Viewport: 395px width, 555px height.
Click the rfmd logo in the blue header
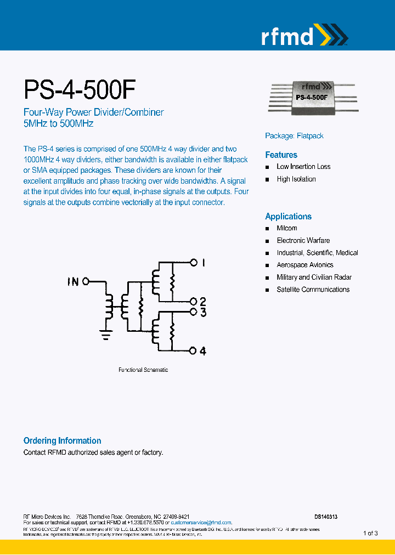pyautogui.click(x=304, y=36)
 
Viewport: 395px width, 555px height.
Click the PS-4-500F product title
pyautogui.click(x=80, y=89)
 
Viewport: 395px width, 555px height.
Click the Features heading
pyautogui.click(x=281, y=155)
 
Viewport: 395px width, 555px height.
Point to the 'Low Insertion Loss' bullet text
pyautogui.click(x=303, y=167)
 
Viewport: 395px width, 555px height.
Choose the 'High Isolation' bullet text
pyautogui.click(x=296, y=179)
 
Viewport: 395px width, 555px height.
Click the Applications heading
pyautogui.click(x=288, y=217)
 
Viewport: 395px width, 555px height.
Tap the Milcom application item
pyautogui.click(x=287, y=228)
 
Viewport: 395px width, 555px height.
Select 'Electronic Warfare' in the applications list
pyautogui.click(x=303, y=241)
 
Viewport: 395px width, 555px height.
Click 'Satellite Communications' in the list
pyautogui.click(x=313, y=290)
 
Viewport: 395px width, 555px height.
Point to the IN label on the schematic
pyautogui.click(x=73, y=282)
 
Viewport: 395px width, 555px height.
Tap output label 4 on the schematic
pyautogui.click(x=203, y=351)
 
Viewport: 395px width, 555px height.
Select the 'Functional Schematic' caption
pyautogui.click(x=143, y=370)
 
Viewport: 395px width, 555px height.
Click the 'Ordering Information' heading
pyautogui.click(x=62, y=441)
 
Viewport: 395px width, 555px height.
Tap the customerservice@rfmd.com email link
pyautogui.click(x=201, y=523)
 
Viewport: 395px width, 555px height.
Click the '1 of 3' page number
pyautogui.click(x=370, y=533)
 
